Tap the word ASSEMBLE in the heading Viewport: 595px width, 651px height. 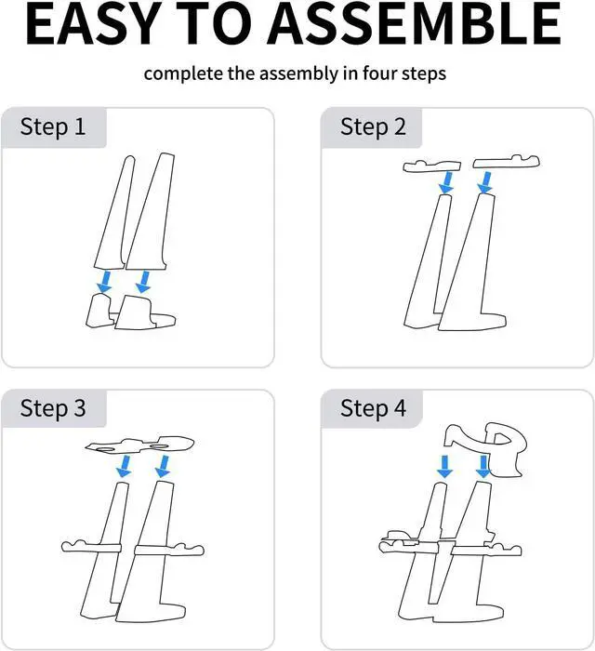[x=415, y=23]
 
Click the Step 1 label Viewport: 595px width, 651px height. [x=53, y=126]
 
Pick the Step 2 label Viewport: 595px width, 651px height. [x=373, y=126]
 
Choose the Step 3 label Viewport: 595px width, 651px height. [x=53, y=408]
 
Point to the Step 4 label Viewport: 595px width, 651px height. [x=373, y=408]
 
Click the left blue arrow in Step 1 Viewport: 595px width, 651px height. [x=104, y=282]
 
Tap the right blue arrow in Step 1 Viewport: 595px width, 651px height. [x=143, y=282]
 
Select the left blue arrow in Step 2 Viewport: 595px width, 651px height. [x=446, y=182]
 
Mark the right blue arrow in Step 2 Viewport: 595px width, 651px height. [x=485, y=182]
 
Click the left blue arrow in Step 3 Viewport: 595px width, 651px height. [x=124, y=467]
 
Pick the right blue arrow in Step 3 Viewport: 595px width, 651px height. [x=163, y=467]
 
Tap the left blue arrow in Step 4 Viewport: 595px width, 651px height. [x=444, y=467]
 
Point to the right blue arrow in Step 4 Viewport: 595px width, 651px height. [x=483, y=467]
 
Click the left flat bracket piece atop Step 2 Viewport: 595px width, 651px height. [x=432, y=166]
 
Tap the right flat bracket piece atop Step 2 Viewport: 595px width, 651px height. [x=506, y=163]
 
